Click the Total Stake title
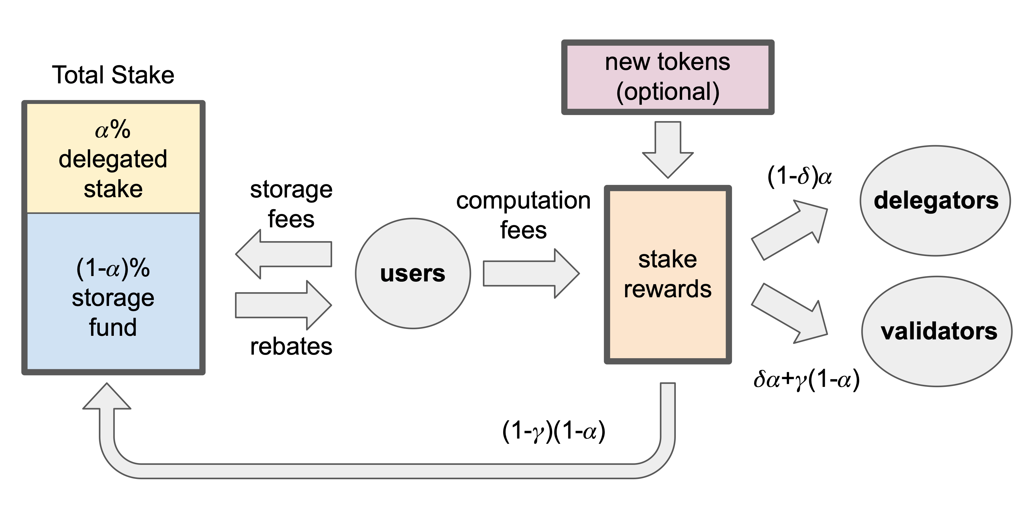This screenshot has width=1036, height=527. click(x=113, y=75)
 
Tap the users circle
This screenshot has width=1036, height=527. click(x=413, y=274)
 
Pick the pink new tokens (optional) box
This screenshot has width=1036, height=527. click(x=667, y=77)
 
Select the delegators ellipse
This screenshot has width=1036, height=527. click(x=935, y=200)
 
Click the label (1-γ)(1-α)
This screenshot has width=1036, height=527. click(x=554, y=432)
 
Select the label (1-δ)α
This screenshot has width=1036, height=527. click(x=799, y=176)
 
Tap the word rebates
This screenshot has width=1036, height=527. click(x=291, y=346)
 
